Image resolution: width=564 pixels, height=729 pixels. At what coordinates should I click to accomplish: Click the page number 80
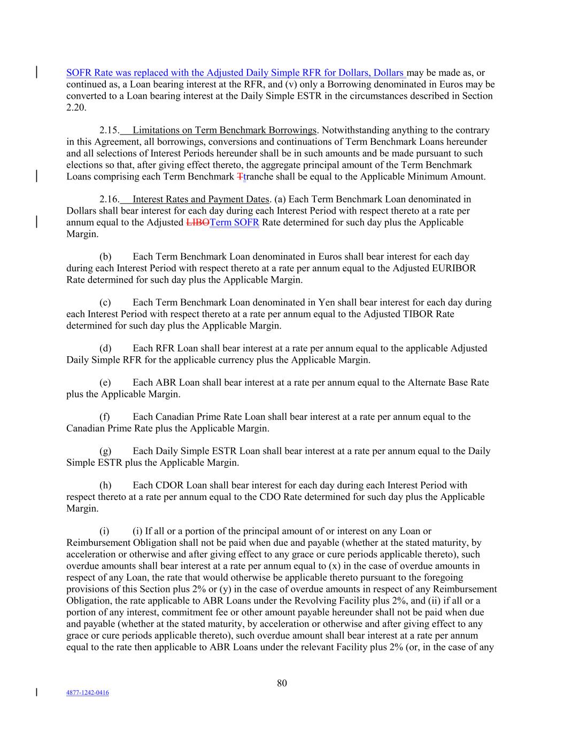click(282, 683)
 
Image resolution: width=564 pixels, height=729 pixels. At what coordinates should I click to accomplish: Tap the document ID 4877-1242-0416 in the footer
click(88, 693)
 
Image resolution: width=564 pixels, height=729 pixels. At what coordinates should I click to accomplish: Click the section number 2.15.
click(110, 130)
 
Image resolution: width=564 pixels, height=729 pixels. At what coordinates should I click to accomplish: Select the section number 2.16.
click(110, 199)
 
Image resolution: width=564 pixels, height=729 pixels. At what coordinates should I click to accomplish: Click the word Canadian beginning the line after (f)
click(86, 428)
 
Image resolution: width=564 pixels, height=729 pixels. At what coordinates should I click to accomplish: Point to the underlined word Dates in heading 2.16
click(257, 199)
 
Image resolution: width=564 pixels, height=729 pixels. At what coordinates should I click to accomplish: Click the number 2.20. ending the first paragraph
click(76, 107)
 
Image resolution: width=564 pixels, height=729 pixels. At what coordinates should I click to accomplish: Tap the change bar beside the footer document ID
click(36, 693)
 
